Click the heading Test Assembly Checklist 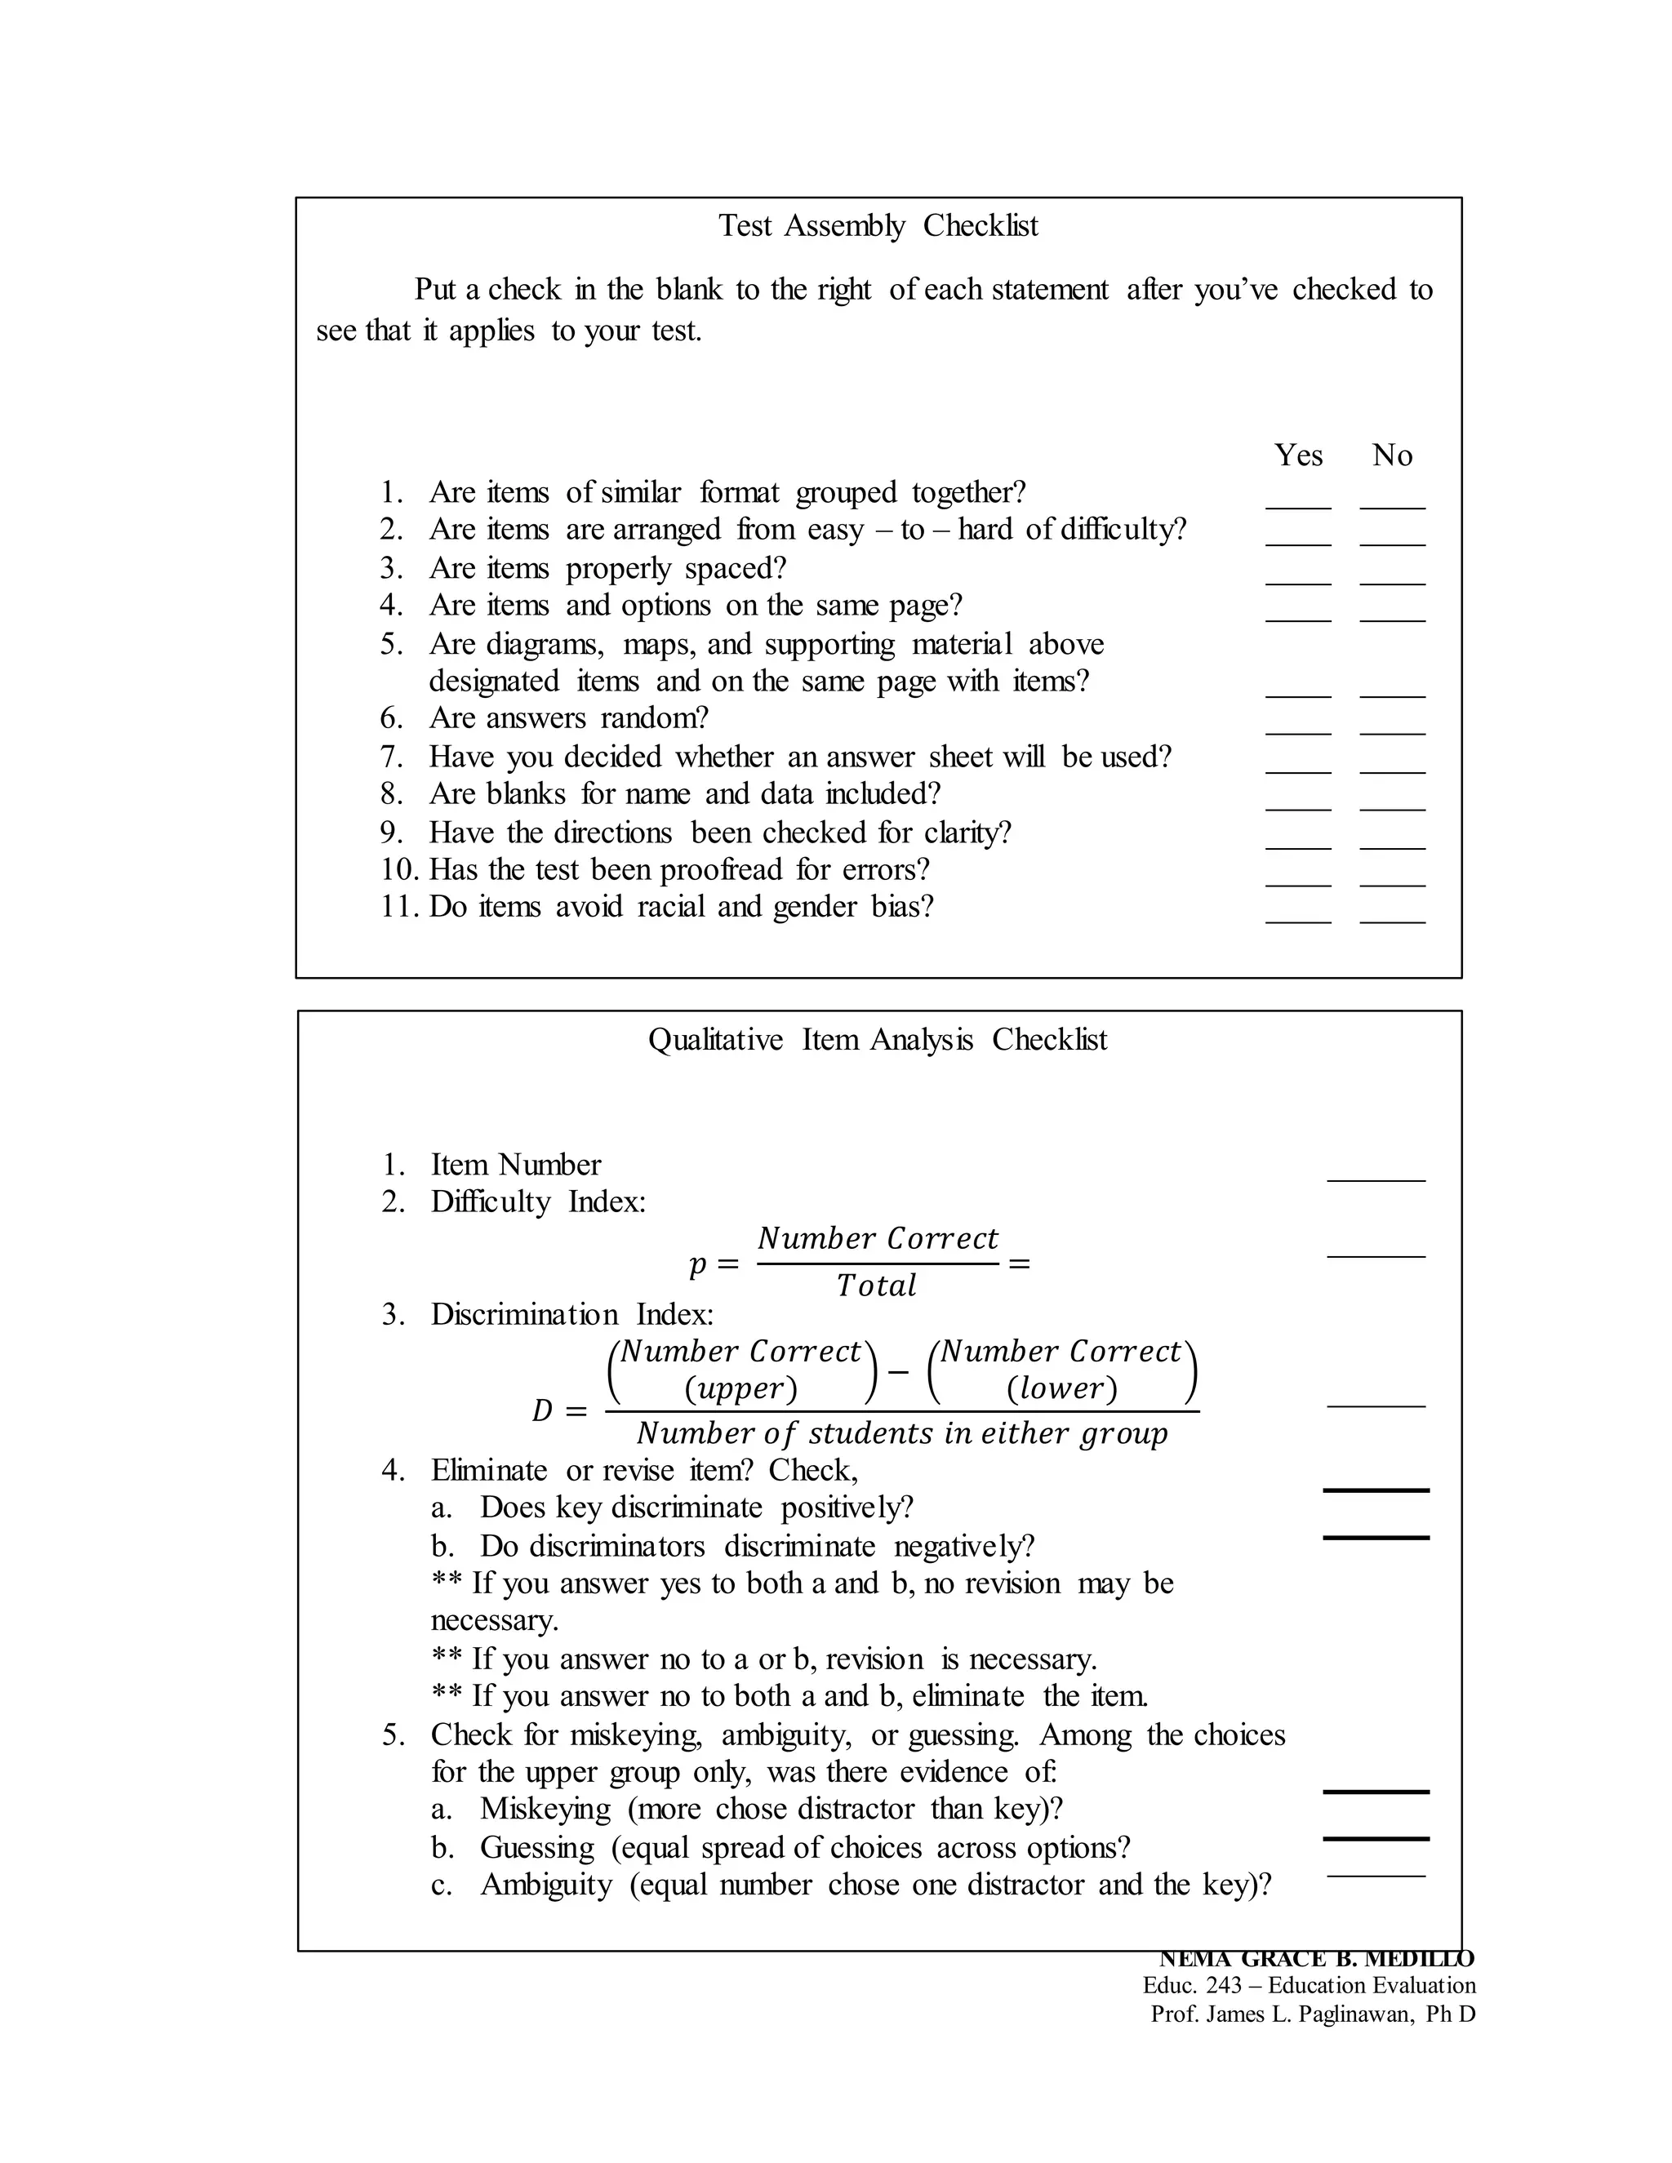click(x=878, y=226)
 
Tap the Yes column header click(x=1297, y=455)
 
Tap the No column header click(x=1392, y=455)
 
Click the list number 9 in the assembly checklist click(x=391, y=833)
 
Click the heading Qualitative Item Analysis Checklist click(x=878, y=1040)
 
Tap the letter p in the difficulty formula click(x=697, y=1264)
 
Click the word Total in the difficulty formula click(x=876, y=1286)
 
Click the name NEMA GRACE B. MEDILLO click(x=1316, y=1959)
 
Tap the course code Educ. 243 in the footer click(x=1192, y=1986)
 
